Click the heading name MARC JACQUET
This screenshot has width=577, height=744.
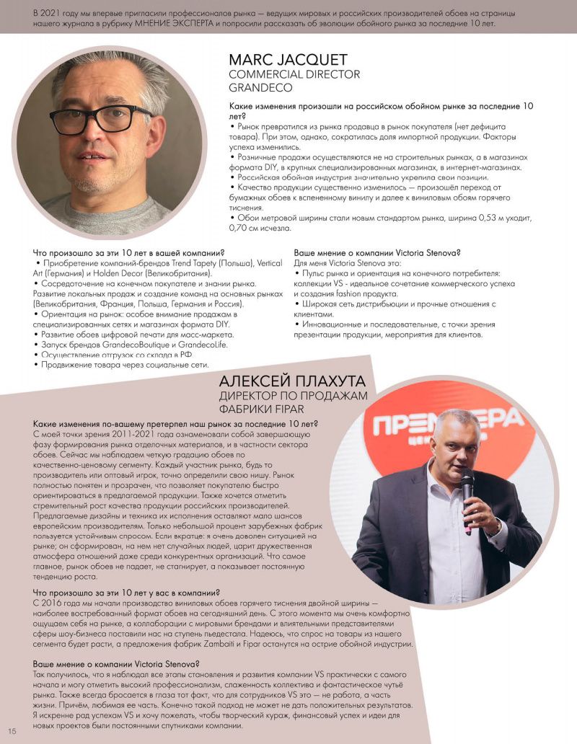click(288, 60)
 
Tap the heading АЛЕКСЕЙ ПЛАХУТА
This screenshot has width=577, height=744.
click(292, 381)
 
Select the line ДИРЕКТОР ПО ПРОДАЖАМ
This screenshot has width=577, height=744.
click(293, 396)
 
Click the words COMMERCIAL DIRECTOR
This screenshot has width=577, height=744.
click(294, 74)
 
